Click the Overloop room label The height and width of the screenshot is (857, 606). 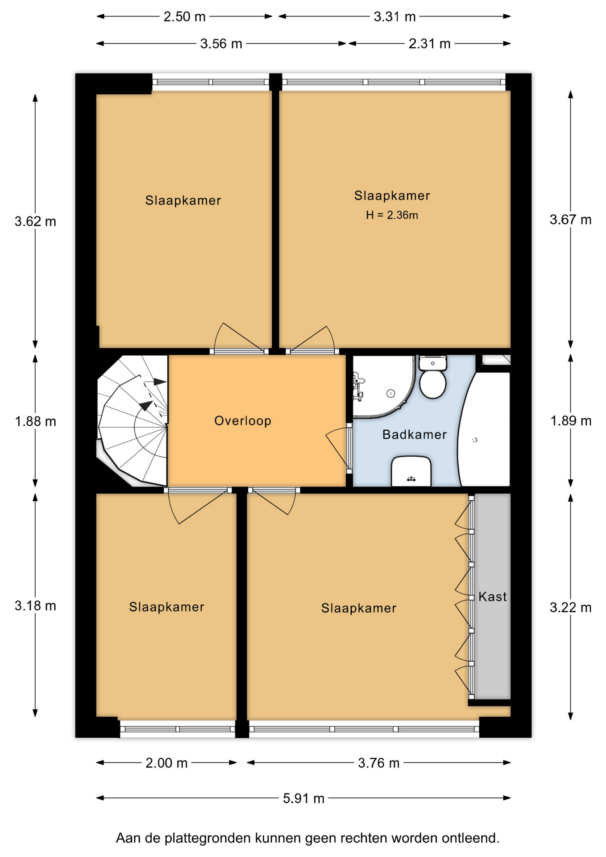click(243, 421)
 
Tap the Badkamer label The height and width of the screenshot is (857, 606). click(415, 434)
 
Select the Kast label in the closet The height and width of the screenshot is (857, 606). click(493, 596)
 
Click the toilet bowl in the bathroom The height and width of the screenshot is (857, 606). click(433, 384)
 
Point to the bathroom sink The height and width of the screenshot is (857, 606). click(411, 471)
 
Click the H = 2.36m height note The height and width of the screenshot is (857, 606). click(392, 215)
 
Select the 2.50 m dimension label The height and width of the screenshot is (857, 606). click(184, 17)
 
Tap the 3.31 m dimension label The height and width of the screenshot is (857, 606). click(394, 17)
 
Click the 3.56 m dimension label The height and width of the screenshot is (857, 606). click(221, 44)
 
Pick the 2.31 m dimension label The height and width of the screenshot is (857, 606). click(429, 44)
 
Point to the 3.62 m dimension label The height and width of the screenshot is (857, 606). click(35, 221)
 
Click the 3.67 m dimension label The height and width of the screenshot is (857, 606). click(570, 220)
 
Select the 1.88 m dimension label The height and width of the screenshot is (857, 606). click(35, 421)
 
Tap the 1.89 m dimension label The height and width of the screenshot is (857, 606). click(571, 421)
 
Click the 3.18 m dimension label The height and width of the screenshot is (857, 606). click(35, 606)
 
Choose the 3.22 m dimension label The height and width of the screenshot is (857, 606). click(570, 607)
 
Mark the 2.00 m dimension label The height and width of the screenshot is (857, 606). click(166, 763)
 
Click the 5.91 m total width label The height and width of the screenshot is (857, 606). click(303, 798)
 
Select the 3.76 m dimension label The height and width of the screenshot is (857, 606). click(378, 763)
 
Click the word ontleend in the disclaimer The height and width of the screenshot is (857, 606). click(470, 838)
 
